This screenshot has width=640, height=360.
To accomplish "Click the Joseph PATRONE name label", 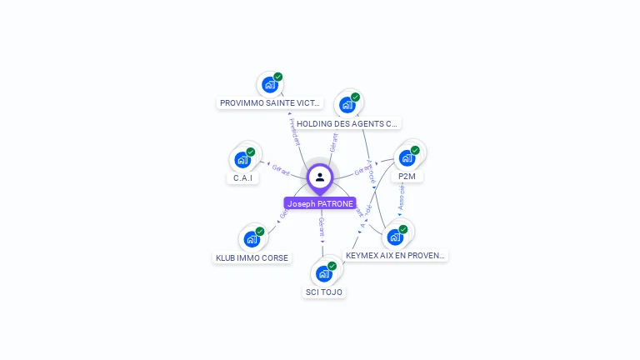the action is click(320, 203).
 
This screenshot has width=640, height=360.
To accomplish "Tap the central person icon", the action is click(320, 177).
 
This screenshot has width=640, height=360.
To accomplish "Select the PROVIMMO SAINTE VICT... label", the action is click(269, 103).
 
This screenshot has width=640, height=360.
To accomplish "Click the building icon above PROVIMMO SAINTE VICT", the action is click(269, 84).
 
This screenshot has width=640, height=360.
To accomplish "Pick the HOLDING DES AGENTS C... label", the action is click(347, 123).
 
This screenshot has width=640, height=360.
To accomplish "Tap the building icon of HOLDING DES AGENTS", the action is click(347, 105).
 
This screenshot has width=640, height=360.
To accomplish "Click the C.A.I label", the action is click(242, 177).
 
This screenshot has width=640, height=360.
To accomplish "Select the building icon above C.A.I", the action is click(242, 159).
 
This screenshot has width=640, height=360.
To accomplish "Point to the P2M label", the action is click(407, 176).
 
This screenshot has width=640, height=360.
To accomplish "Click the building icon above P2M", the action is click(407, 157).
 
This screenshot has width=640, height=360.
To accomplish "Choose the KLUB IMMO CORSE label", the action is click(252, 257).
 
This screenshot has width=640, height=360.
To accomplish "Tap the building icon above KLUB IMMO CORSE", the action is click(252, 239).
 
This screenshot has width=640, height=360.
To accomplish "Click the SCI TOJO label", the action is click(324, 292).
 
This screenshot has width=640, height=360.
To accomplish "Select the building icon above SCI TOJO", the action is click(324, 273).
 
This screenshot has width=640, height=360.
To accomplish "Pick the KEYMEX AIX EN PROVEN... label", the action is click(396, 255).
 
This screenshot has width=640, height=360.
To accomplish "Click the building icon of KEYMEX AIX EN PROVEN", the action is click(395, 237).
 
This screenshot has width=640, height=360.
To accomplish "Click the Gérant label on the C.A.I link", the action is click(281, 170).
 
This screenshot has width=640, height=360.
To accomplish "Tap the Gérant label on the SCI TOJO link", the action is click(322, 227).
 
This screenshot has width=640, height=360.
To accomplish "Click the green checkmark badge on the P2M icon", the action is click(416, 149).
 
